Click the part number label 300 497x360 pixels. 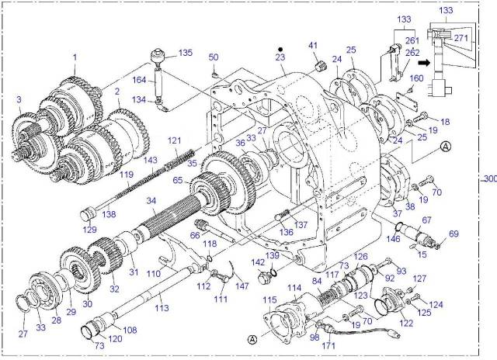pyautogui.click(x=488, y=178)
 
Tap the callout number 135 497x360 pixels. pyautogui.click(x=185, y=53)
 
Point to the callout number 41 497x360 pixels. pyautogui.click(x=314, y=46)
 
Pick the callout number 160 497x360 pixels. pyautogui.click(x=416, y=78)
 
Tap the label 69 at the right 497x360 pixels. pyautogui.click(x=454, y=234)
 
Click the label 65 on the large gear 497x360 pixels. pyautogui.click(x=177, y=180)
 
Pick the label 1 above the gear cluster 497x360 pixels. pyautogui.click(x=75, y=57)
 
